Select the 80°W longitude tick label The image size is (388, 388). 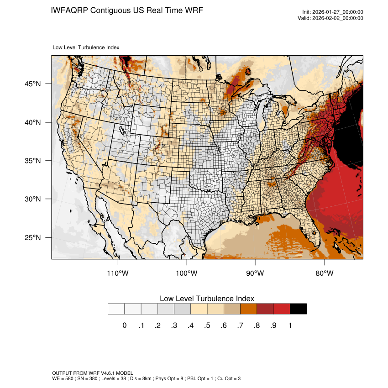tap(324, 273)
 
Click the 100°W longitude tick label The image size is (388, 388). tap(187, 273)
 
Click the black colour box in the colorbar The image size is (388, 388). tap(298, 309)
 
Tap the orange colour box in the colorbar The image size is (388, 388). tap(248, 309)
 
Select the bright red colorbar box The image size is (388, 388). tap(282, 309)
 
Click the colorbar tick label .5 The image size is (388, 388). tap(207, 325)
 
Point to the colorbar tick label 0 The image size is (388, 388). tap(124, 325)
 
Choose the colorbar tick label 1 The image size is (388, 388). tap(290, 325)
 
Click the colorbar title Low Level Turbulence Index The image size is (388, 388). tap(207, 299)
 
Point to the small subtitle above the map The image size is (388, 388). tap(86, 47)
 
